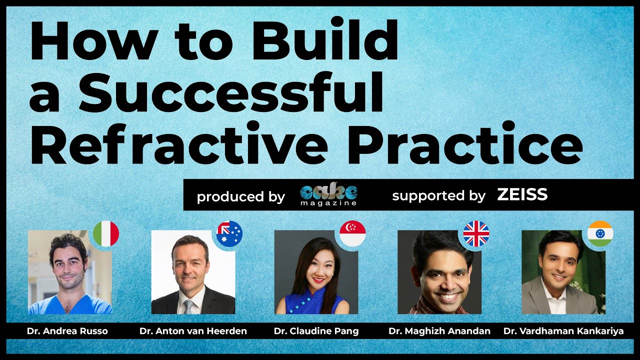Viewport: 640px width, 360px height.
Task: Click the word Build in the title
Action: click(x=324, y=38)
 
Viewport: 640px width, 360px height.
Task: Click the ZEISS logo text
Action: click(x=522, y=194)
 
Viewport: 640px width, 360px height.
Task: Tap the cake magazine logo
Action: click(x=328, y=194)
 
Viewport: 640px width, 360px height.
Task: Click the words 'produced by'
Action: click(x=241, y=197)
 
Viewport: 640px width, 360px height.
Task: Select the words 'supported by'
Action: click(x=439, y=196)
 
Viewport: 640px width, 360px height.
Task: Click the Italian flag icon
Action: click(x=106, y=233)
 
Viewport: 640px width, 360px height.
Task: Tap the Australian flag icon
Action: click(x=229, y=233)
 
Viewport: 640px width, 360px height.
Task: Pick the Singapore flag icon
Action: click(x=352, y=233)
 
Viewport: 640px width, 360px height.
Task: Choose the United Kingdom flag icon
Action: click(x=476, y=233)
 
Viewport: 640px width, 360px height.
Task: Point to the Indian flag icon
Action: click(x=600, y=233)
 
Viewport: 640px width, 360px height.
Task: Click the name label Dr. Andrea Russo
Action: click(x=67, y=331)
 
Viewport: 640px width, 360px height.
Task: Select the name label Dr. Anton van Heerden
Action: click(x=193, y=331)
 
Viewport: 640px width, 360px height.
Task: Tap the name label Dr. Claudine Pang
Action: click(x=316, y=331)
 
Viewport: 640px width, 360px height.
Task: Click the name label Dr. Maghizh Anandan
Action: click(x=439, y=331)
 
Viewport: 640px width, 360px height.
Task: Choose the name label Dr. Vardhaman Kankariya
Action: click(x=563, y=331)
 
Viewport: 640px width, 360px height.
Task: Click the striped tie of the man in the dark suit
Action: click(x=189, y=307)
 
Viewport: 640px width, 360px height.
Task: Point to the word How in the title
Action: click(x=94, y=38)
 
